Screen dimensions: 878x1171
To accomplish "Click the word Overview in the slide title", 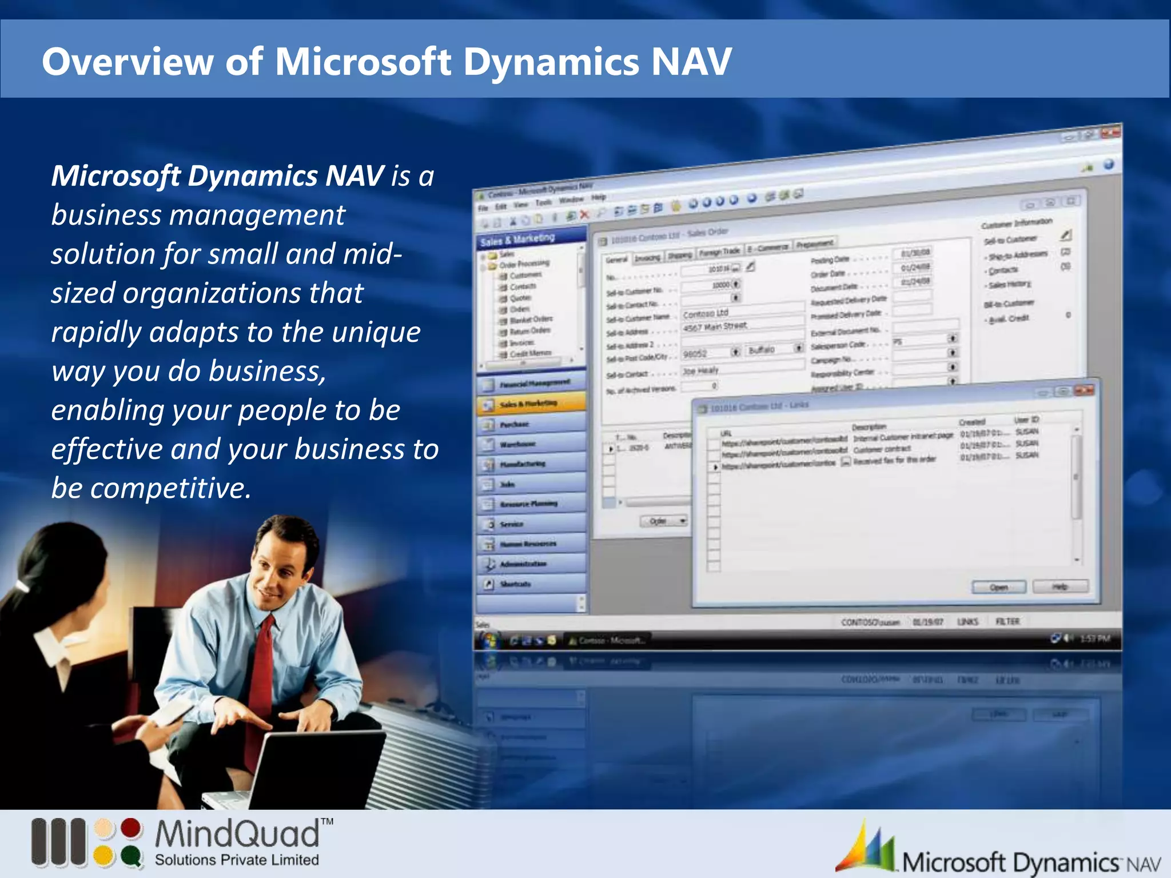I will [x=127, y=62].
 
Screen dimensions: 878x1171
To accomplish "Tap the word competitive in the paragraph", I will [x=170, y=488].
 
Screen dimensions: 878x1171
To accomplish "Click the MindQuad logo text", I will [x=237, y=835].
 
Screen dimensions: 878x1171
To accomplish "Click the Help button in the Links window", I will [x=1060, y=586].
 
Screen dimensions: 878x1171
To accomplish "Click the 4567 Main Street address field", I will [x=715, y=326].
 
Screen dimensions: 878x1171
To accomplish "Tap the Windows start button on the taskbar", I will [x=488, y=640].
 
